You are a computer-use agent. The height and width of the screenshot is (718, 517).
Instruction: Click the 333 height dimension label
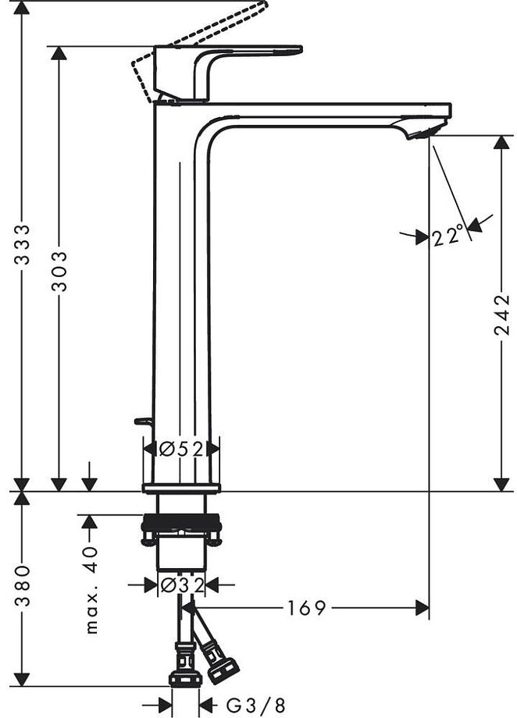pyautogui.click(x=24, y=246)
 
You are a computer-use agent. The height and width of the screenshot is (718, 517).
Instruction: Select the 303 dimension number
pyautogui.click(x=59, y=271)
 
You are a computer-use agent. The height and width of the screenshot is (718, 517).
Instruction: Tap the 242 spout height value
pyautogui.click(x=501, y=315)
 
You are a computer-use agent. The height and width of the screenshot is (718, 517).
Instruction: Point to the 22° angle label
pyautogui.click(x=447, y=235)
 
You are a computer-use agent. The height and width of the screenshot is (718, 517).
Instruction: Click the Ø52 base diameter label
pyautogui.click(x=181, y=449)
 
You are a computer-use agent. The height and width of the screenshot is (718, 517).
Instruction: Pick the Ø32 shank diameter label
pyautogui.click(x=181, y=584)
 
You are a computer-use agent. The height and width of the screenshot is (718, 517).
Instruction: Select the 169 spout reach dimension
pyautogui.click(x=305, y=608)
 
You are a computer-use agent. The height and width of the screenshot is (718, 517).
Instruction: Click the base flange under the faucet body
pyautogui.click(x=181, y=489)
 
